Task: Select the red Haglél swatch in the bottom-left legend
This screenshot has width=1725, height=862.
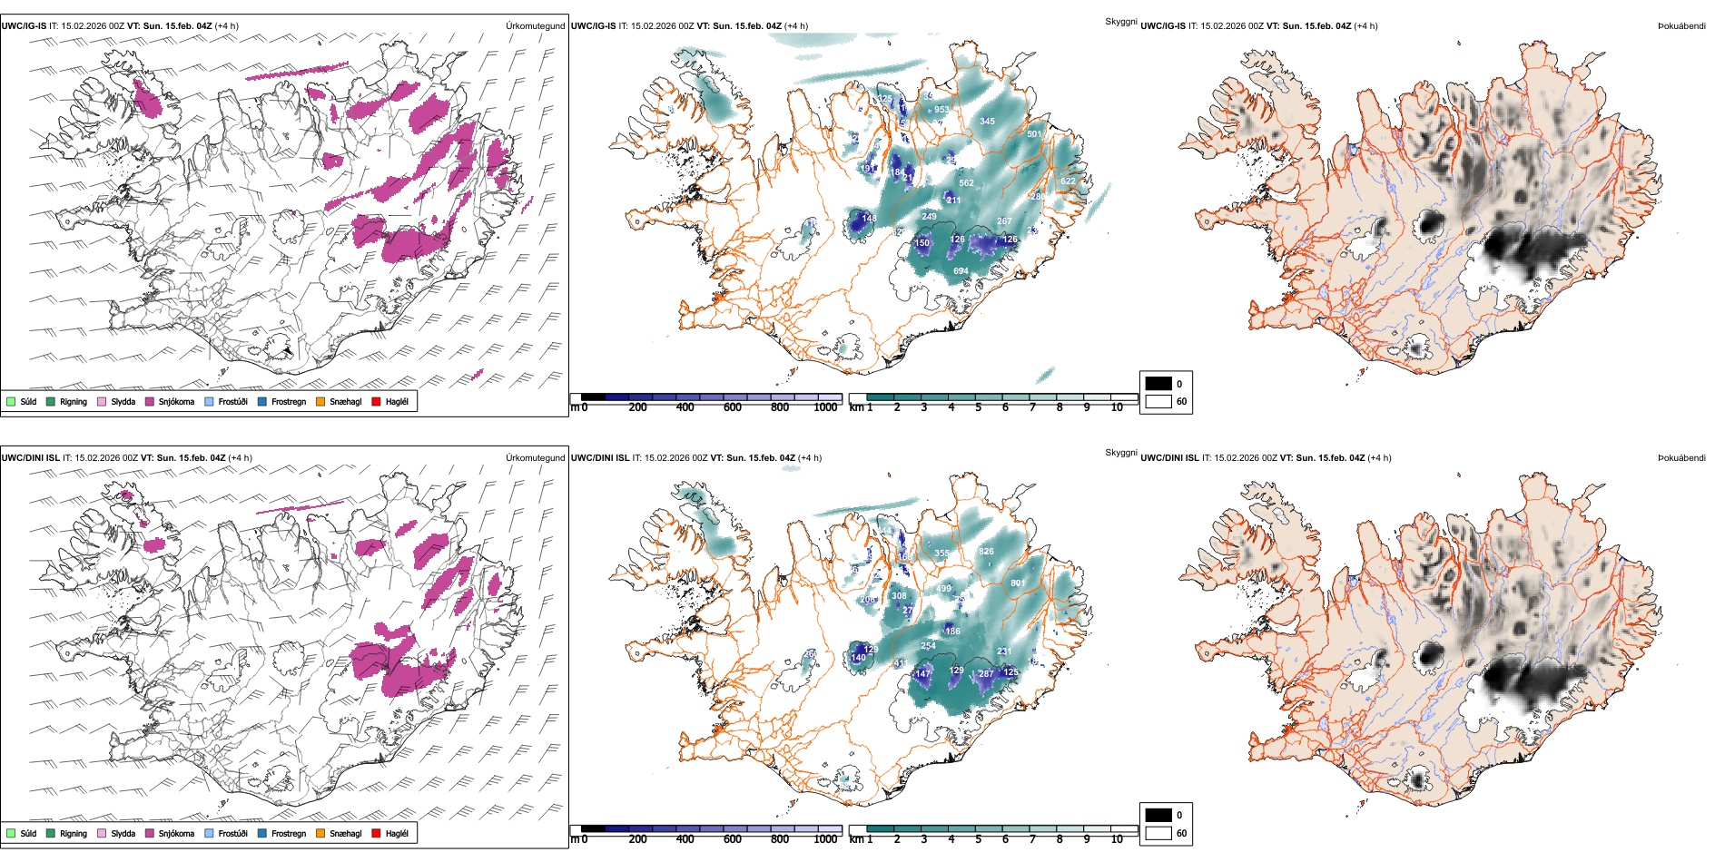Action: tap(377, 833)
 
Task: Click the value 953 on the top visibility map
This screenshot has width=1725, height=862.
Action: tap(941, 110)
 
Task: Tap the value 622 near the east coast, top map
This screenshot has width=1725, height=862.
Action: tap(1068, 181)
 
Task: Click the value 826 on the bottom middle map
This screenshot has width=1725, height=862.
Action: tap(986, 552)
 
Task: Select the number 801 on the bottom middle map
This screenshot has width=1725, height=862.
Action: tap(1018, 583)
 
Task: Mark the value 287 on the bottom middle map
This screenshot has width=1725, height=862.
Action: tap(986, 674)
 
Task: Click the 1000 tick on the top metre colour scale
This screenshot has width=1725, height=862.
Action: tap(825, 407)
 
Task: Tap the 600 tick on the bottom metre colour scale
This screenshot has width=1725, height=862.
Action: tap(732, 839)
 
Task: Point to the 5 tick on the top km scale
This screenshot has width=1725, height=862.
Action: tap(978, 407)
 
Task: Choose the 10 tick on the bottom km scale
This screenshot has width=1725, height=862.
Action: tap(1117, 839)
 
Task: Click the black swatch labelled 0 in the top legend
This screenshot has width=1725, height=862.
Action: tap(1158, 384)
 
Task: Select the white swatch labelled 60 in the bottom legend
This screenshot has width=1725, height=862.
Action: tap(1158, 833)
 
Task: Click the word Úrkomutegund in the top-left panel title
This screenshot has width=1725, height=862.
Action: tap(535, 26)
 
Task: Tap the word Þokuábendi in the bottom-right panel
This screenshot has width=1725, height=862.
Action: tap(1681, 458)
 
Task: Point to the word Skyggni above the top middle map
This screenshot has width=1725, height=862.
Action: tap(1120, 22)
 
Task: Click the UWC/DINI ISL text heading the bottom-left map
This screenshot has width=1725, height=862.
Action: tap(30, 458)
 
